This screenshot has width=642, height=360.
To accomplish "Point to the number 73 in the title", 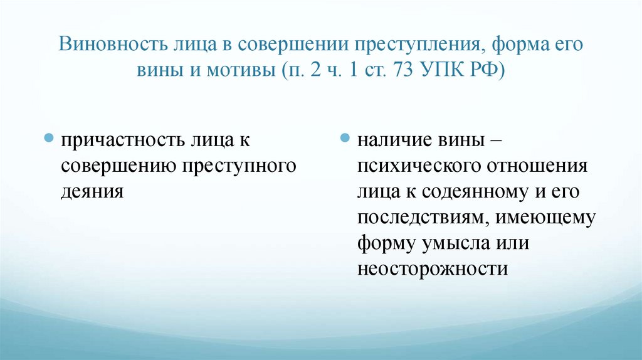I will coord(400,69).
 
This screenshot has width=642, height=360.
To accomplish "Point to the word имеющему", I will coord(546,217).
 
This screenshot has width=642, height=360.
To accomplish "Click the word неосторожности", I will coord(432,268).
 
